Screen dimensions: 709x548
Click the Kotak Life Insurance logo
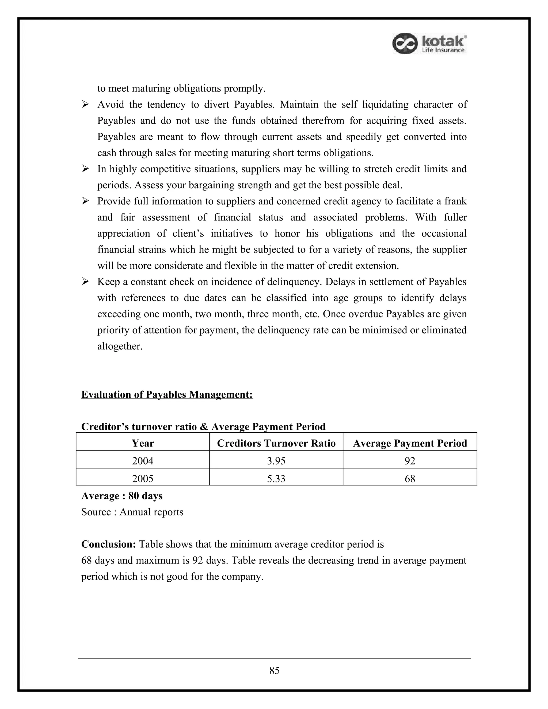[x=429, y=44]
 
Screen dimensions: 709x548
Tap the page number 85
[x=274, y=670]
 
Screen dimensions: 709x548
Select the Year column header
[x=143, y=443]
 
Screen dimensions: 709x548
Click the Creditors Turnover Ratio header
[x=276, y=443]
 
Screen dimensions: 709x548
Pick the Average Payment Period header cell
[x=410, y=443]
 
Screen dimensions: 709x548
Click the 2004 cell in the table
[x=143, y=461]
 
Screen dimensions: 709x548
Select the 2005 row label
[x=143, y=479]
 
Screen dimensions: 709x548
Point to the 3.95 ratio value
[x=276, y=461]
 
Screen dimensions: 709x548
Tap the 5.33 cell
[x=276, y=479]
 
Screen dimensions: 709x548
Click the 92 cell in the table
[x=410, y=461]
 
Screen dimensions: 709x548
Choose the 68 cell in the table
[x=410, y=479]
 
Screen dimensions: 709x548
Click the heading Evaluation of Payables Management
[x=167, y=394]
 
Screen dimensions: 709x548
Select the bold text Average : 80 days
[x=122, y=496]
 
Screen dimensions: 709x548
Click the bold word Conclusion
[x=108, y=544]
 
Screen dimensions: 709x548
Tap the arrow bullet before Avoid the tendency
[x=85, y=105]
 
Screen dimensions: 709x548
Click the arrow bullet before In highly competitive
[x=85, y=169]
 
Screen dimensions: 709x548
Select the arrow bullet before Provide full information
[x=85, y=201]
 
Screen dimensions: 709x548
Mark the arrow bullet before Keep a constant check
[x=85, y=282]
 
